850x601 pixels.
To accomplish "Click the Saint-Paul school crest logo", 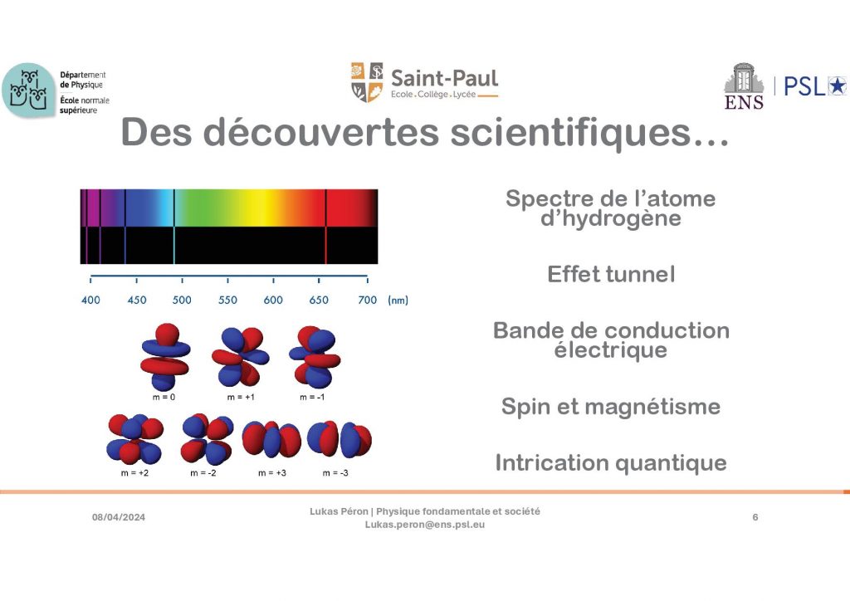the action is (x=367, y=82).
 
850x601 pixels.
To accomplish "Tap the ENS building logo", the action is (x=744, y=86).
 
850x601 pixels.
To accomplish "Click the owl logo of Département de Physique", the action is (x=29, y=90).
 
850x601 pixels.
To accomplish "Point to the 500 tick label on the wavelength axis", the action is (x=182, y=300).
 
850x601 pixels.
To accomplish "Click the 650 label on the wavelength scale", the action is (x=319, y=300).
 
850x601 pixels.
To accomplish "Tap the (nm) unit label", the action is (x=398, y=300).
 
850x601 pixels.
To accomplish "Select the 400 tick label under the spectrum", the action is (x=90, y=300).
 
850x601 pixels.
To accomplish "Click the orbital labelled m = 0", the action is (x=165, y=357).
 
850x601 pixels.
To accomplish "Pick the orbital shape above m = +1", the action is (x=240, y=356).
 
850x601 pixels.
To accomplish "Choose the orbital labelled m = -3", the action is (x=340, y=439).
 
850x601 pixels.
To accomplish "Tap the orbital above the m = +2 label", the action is (x=135, y=439).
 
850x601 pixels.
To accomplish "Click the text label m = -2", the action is (x=203, y=473).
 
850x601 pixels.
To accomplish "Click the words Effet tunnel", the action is (x=611, y=274).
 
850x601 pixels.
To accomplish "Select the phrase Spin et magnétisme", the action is (x=611, y=407).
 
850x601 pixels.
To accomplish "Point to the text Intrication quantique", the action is (x=611, y=463).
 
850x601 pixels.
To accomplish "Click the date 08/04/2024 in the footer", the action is (x=119, y=517).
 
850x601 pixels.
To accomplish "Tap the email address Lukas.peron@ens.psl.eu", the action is (x=425, y=525).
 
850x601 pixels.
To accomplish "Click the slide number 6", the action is (x=755, y=517).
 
